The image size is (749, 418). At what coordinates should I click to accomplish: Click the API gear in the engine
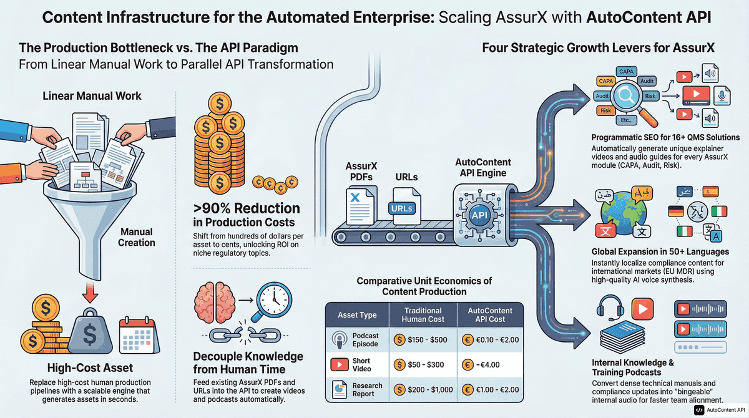point(479,215)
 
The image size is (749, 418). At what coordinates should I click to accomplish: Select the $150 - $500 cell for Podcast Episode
point(423,340)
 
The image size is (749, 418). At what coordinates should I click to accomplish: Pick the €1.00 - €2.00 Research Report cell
point(490,389)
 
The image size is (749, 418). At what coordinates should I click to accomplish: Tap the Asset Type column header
point(357,315)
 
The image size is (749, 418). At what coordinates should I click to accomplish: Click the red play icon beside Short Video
point(340,364)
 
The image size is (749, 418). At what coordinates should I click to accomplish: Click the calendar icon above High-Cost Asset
point(139,335)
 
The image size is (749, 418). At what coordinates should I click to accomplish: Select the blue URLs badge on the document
point(401,208)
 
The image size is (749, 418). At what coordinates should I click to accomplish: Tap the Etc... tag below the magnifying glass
point(626,120)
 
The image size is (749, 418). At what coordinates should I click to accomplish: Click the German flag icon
point(675,211)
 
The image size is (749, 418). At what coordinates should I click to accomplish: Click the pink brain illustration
point(214,303)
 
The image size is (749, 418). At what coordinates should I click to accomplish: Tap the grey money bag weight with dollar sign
point(90,333)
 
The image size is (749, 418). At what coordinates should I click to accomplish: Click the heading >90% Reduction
point(247,208)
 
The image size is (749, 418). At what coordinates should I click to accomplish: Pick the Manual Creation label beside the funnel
point(137,237)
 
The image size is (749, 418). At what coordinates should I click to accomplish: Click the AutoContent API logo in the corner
point(720,410)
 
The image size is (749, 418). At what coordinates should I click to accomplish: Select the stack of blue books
point(622,337)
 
